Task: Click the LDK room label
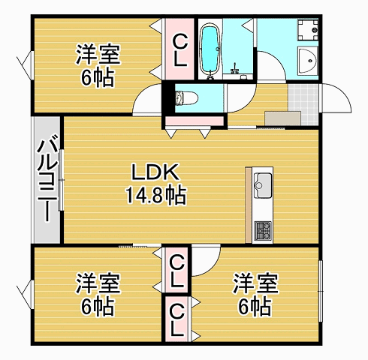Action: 155,172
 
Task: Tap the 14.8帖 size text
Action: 155,195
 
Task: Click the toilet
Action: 186,97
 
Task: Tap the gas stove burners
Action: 263,230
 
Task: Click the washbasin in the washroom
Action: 308,60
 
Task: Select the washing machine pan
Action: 308,30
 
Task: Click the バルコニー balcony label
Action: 47,178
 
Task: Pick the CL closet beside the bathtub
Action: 180,50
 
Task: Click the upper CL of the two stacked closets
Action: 177,271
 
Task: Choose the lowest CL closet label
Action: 177,319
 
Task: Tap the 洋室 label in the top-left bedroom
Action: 98,54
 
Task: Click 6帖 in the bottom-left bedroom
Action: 98,307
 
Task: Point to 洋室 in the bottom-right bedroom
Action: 255,283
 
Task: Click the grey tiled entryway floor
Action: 303,104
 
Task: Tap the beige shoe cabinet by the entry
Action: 282,118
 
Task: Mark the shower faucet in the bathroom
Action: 235,68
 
